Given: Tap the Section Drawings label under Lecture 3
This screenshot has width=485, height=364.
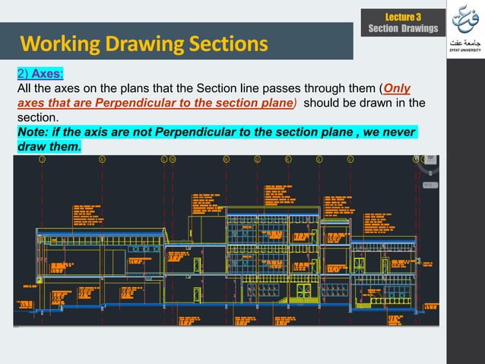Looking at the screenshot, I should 403,29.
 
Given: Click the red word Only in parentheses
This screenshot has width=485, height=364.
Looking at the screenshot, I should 397,89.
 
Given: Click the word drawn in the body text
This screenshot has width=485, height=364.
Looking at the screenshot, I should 368,103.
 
